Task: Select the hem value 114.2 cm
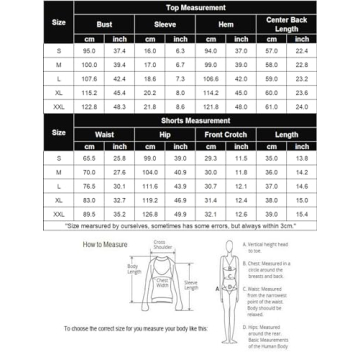(x=211, y=91)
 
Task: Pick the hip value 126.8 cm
(x=150, y=213)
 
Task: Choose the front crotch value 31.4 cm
(x=211, y=213)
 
